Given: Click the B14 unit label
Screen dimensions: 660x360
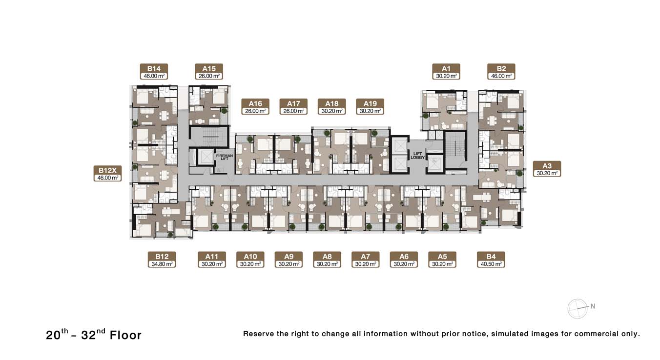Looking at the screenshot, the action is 154,72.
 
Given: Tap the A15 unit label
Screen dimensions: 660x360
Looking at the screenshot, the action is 209,72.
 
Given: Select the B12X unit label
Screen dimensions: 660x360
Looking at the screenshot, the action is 107,173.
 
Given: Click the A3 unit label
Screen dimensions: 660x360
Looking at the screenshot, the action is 547,169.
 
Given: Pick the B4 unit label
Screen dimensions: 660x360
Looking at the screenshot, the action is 491,260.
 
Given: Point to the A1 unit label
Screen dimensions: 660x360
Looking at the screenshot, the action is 446,72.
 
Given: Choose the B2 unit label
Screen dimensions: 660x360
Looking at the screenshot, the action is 501,72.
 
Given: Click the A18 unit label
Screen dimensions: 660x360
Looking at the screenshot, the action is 332,106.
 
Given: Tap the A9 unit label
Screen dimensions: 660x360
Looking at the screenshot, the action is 289,260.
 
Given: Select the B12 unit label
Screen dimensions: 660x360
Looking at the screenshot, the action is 162,260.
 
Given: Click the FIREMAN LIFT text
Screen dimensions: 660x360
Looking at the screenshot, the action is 225,157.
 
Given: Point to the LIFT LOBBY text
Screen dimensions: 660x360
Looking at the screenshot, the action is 418,156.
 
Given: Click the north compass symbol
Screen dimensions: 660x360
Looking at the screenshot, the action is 577,309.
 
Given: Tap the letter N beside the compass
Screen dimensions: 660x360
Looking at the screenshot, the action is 593,306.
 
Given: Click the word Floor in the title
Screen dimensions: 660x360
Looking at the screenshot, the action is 126,335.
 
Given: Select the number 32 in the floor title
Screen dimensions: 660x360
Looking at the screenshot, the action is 88,335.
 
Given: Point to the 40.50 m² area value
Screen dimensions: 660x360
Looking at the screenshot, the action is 491,264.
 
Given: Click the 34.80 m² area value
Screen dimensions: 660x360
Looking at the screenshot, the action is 162,264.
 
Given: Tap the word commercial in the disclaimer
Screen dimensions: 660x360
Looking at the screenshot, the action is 597,334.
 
